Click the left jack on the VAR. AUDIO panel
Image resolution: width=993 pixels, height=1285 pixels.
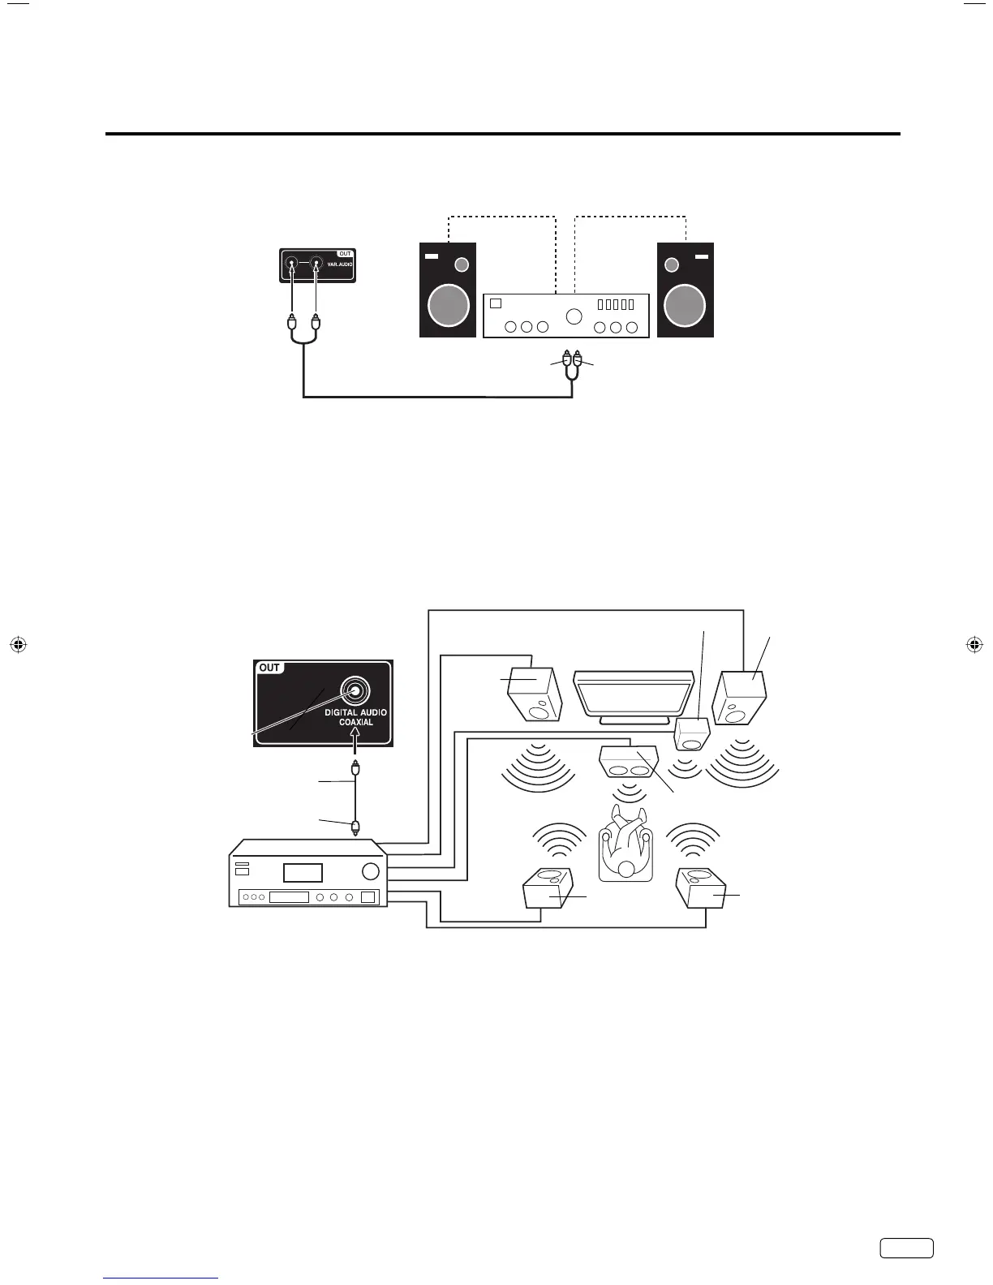click(x=291, y=264)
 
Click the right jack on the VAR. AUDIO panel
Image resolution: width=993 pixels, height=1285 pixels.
click(x=316, y=264)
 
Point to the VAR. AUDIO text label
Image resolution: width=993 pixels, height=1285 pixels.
click(x=340, y=264)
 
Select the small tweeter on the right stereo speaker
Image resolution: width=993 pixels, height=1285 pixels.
click(x=671, y=264)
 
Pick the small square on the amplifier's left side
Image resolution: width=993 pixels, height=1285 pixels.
click(x=496, y=303)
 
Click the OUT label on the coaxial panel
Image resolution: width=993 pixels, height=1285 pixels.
click(x=269, y=668)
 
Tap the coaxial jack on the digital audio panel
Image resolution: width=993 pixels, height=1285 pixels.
click(x=355, y=690)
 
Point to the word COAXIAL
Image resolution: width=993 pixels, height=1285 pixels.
click(x=356, y=722)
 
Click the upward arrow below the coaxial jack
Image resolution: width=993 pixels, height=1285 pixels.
click(x=355, y=739)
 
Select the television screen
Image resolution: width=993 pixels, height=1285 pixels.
click(x=633, y=694)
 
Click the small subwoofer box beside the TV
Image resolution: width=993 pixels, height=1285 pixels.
click(x=692, y=734)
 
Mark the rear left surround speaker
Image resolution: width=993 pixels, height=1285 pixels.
click(x=548, y=889)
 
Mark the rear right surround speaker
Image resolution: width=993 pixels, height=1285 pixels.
click(x=702, y=889)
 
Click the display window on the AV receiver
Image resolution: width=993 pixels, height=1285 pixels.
click(x=302, y=873)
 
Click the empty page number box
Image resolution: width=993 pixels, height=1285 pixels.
click(x=906, y=1271)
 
